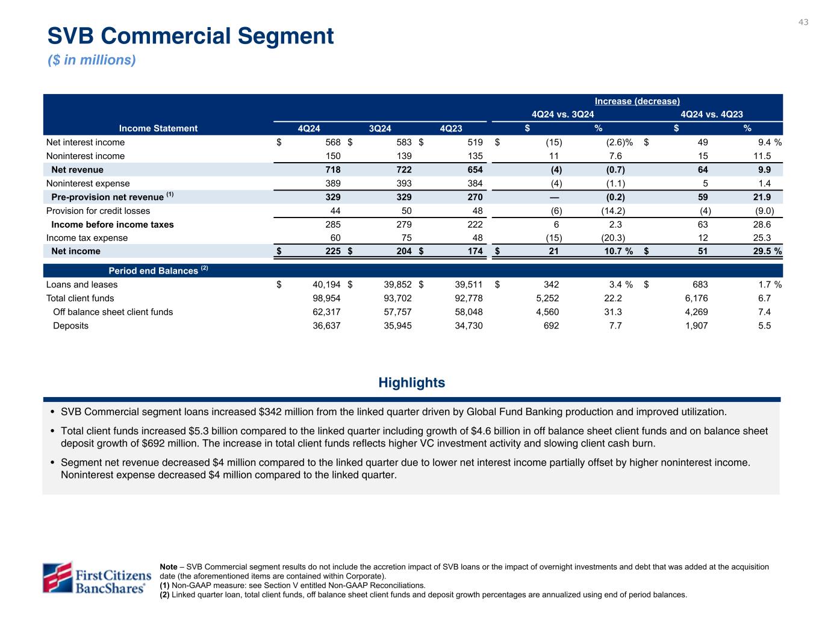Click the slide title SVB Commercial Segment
point(190,36)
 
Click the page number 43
point(803,22)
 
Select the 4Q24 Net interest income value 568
point(332,142)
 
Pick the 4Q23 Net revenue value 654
point(474,170)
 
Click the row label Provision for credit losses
point(98,211)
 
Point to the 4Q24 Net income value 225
point(332,251)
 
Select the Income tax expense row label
point(87,238)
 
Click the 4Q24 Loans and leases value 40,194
point(324,284)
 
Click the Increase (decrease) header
point(637,101)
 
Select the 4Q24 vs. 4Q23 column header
point(711,114)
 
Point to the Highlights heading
point(412,383)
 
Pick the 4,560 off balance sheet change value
point(547,312)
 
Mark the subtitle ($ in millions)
point(92,60)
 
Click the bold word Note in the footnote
point(169,567)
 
